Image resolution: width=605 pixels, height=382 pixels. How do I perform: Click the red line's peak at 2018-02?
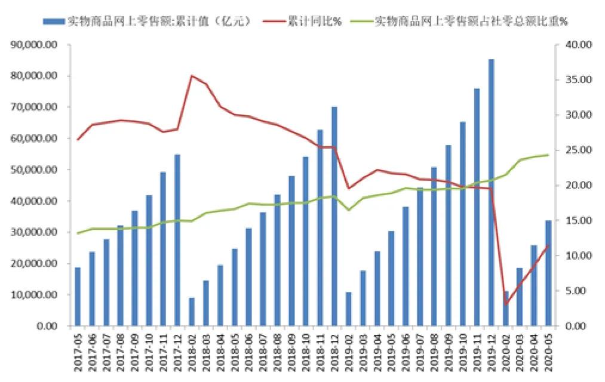(x=192, y=76)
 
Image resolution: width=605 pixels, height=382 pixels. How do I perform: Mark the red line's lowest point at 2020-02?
(x=505, y=304)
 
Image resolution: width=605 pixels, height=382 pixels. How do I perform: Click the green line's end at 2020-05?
(x=548, y=155)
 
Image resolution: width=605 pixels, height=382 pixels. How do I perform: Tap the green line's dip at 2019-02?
(x=349, y=210)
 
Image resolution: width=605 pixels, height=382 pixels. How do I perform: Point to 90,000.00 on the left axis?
(x=36, y=45)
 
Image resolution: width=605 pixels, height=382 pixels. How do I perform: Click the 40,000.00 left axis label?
(x=36, y=201)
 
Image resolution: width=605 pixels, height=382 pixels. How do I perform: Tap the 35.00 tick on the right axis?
(x=576, y=80)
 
